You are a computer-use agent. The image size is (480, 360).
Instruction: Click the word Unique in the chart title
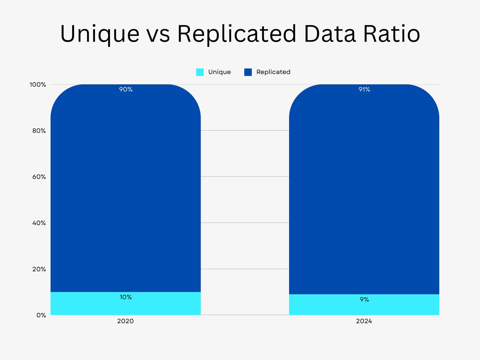click(x=100, y=34)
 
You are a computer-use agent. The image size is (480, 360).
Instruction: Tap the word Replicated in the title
click(x=236, y=34)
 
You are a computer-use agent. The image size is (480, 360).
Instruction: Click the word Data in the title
click(x=330, y=34)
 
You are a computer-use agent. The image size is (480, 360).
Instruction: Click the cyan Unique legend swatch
click(x=200, y=72)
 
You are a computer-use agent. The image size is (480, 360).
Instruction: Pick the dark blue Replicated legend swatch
click(x=248, y=72)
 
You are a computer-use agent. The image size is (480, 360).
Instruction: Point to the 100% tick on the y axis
click(x=38, y=84)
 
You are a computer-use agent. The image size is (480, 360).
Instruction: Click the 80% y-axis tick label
click(x=39, y=131)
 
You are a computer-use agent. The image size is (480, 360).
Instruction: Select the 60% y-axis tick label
click(x=39, y=177)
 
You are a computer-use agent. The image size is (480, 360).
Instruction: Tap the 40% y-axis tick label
click(x=39, y=223)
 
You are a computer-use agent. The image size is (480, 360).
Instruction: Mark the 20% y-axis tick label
click(x=39, y=269)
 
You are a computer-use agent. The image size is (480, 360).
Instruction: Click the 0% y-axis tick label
click(x=41, y=315)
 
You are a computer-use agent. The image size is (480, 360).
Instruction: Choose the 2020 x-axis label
click(x=125, y=321)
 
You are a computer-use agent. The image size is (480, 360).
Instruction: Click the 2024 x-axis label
click(x=364, y=321)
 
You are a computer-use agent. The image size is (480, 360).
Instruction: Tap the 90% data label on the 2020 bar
click(x=126, y=89)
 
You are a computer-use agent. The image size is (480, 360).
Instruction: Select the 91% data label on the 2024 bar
click(x=364, y=89)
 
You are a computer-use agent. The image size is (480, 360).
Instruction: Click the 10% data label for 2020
click(x=126, y=297)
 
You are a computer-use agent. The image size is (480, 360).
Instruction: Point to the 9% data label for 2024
click(x=364, y=300)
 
